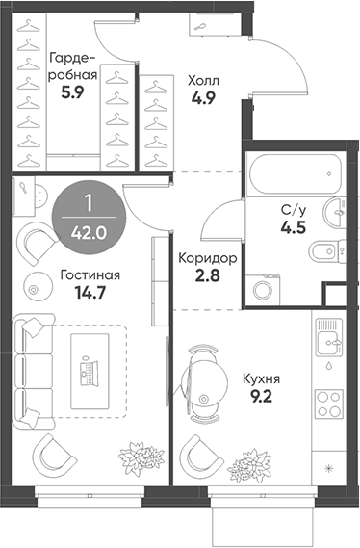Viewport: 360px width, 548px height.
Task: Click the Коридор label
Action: pyautogui.click(x=209, y=259)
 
